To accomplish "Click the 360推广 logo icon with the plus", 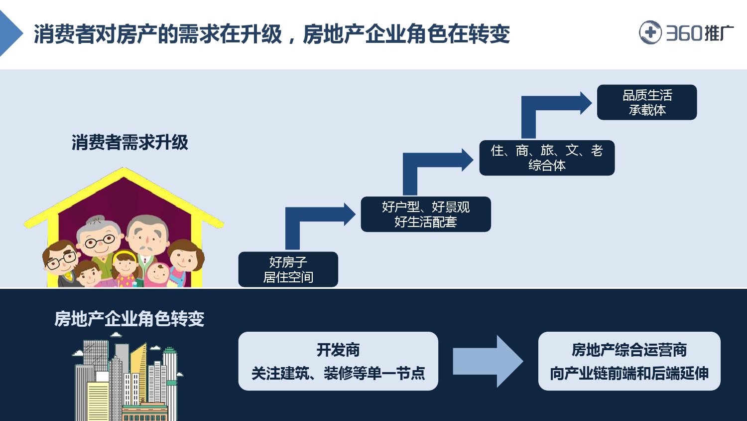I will click(650, 33).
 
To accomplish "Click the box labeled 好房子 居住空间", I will click(288, 269).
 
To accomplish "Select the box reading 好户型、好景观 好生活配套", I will click(425, 214).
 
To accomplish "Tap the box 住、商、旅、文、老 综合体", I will click(547, 158).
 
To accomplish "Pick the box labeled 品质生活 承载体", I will click(646, 102).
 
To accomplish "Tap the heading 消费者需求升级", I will click(130, 143).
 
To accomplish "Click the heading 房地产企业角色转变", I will click(129, 319).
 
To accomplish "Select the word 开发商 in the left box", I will click(338, 350).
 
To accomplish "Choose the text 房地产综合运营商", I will click(629, 350).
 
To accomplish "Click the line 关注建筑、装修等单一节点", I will click(338, 373).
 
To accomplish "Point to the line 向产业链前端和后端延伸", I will click(629, 373).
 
